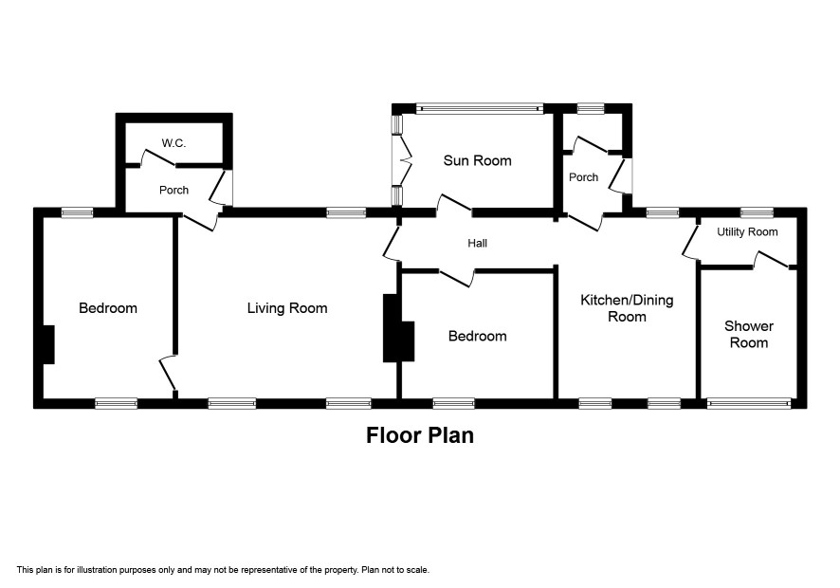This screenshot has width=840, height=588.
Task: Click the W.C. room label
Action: pos(173,143)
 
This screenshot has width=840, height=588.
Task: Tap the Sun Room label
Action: pos(477,160)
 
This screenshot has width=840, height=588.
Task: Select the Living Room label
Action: pos(287,308)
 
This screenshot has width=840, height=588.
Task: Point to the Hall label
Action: pos(477,244)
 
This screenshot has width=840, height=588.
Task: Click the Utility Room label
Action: pos(747,232)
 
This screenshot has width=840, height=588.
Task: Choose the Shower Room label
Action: pos(749,335)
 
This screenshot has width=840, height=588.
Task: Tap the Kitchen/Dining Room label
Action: pos(627,308)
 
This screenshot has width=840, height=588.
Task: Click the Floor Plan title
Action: pos(420,435)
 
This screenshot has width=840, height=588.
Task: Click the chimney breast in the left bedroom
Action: pos(48,344)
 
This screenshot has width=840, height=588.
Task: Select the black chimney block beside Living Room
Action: pos(398,328)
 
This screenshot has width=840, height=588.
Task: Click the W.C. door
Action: pos(157,157)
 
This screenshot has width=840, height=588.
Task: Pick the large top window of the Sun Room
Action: pos(480,109)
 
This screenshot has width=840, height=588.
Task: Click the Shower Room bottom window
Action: pos(749,403)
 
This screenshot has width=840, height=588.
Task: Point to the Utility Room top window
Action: pos(757,212)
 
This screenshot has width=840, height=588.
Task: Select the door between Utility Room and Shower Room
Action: pos(772,260)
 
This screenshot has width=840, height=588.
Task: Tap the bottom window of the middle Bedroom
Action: pos(454,403)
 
